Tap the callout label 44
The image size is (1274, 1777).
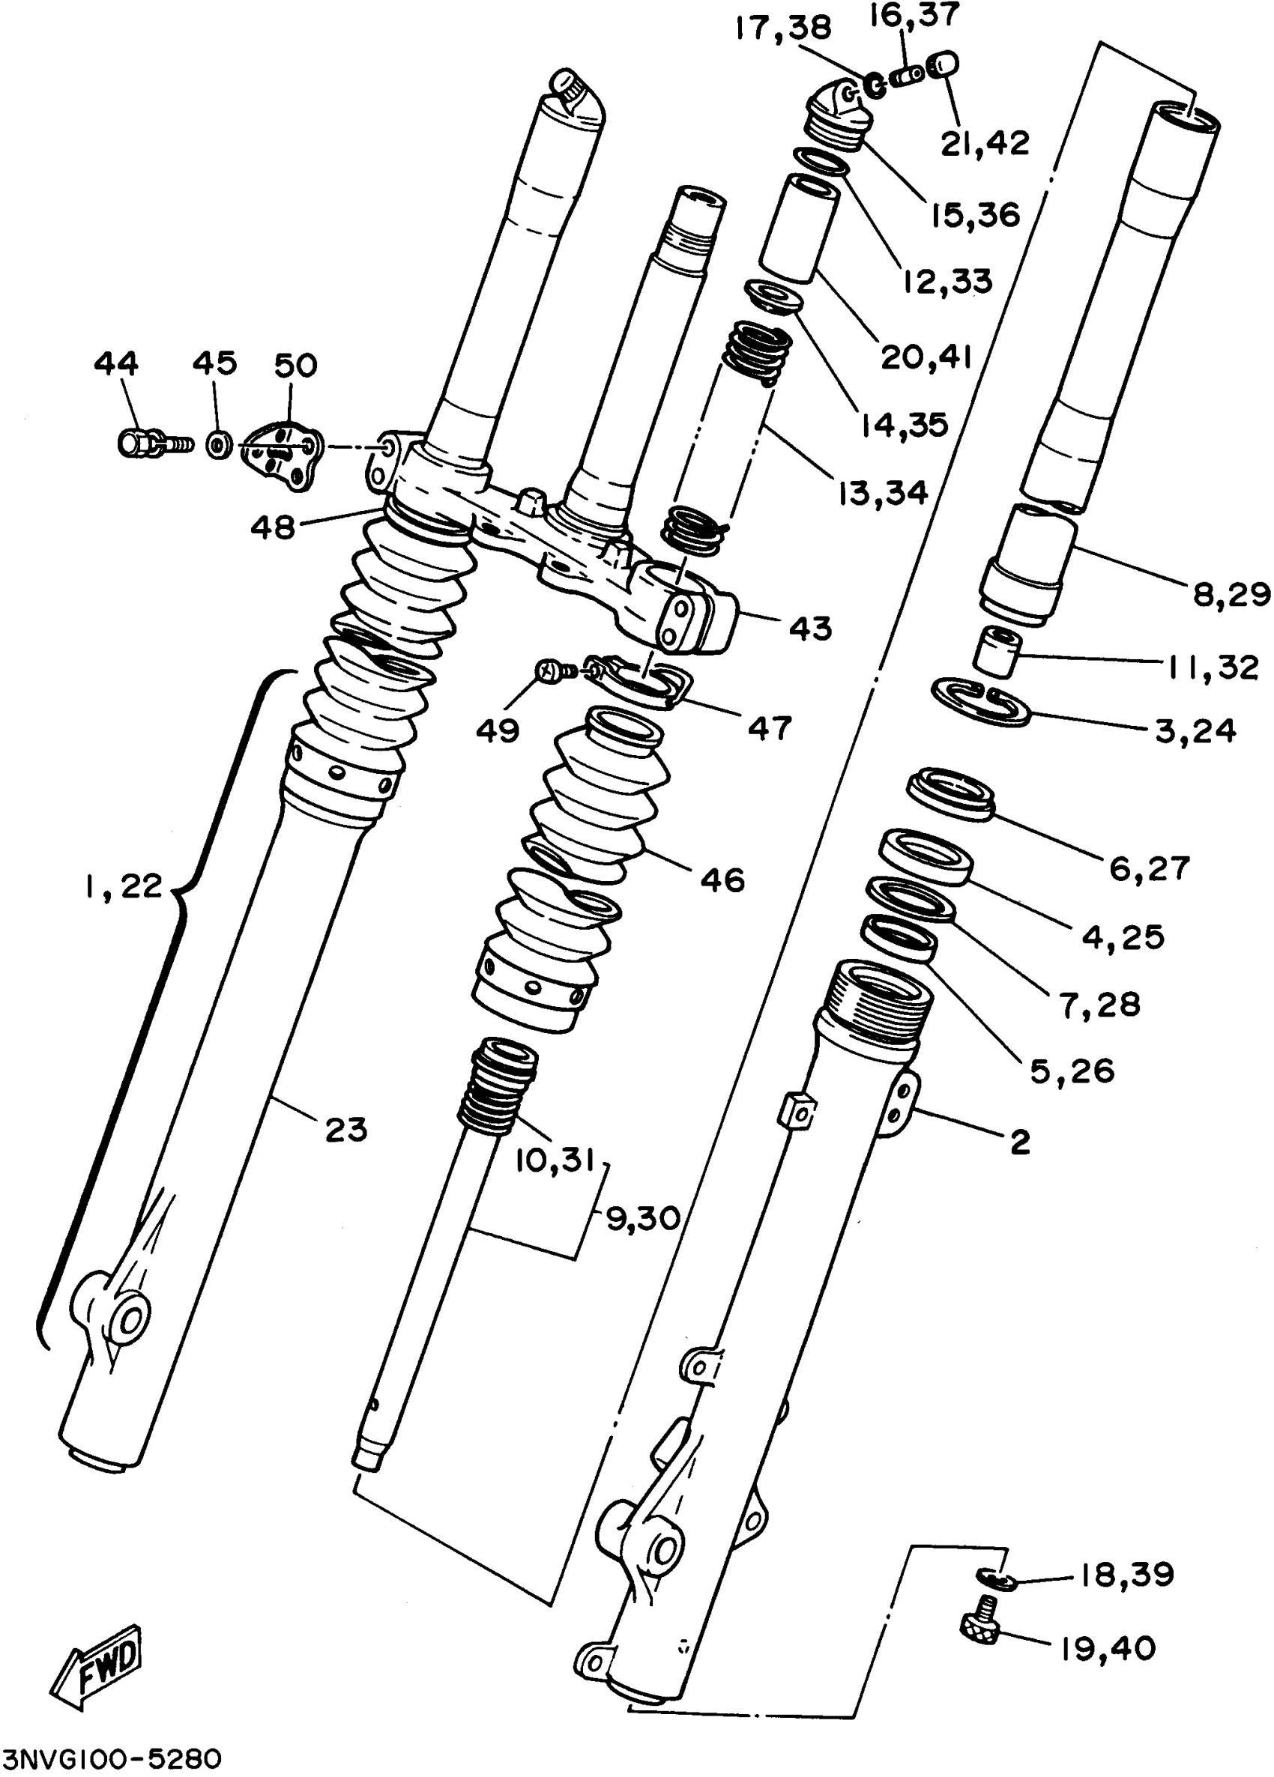[x=116, y=363]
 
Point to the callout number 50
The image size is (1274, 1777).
[x=295, y=365]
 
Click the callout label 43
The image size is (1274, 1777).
[x=810, y=628]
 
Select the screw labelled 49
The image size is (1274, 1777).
[x=548, y=670]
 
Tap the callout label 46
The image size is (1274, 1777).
[x=722, y=880]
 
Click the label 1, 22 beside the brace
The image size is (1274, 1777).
[x=123, y=886]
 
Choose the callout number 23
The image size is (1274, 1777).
[x=345, y=1129]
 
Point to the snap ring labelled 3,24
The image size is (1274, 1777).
[x=980, y=702]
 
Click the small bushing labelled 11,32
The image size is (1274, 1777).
[x=997, y=649]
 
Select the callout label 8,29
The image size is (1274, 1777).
[x=1231, y=595]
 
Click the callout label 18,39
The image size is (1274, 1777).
[x=1126, y=1574]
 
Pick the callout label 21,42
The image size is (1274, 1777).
[x=985, y=142]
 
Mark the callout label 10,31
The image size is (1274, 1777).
[x=556, y=1161]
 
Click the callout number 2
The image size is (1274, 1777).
[x=1019, y=1142]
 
